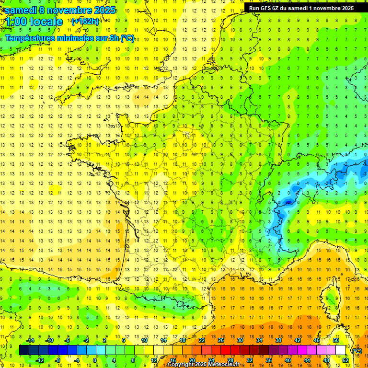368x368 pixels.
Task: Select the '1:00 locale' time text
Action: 33,22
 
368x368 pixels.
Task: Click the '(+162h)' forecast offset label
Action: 85,22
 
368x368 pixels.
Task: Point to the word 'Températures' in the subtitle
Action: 30,38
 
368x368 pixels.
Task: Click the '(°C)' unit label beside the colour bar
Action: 356,351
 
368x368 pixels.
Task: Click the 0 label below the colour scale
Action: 95,360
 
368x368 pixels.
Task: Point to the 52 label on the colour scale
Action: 345,360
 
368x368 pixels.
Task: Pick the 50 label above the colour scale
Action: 336,341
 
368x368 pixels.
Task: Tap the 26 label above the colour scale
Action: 221,341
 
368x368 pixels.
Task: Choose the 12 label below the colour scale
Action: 153,360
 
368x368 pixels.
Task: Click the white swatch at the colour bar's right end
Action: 341,350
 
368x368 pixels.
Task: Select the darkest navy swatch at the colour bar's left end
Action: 24,350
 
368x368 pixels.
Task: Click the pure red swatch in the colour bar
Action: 226,350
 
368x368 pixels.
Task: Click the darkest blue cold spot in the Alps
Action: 288,202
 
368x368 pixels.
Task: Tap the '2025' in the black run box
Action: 345,8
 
